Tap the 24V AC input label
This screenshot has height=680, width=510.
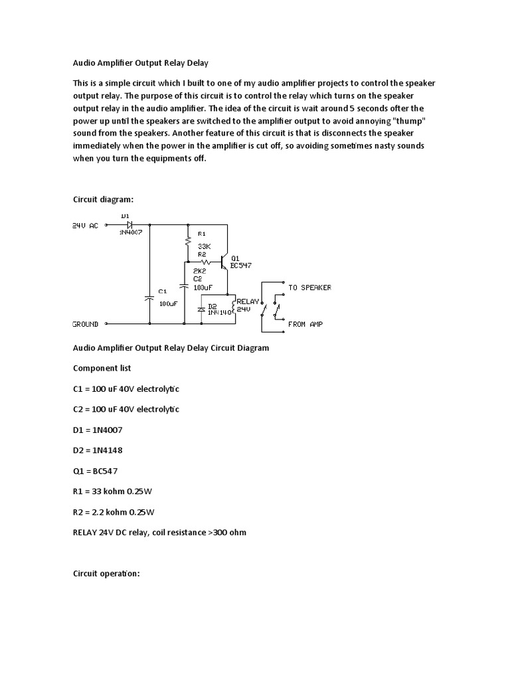pyautogui.click(x=85, y=226)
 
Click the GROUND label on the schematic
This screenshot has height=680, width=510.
pyautogui.click(x=85, y=324)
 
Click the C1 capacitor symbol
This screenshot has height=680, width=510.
pyautogui.click(x=149, y=298)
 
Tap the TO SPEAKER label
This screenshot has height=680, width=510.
pyautogui.click(x=309, y=288)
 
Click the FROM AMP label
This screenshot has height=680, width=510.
pyautogui.click(x=305, y=324)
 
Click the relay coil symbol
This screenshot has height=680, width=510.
pyautogui.click(x=233, y=306)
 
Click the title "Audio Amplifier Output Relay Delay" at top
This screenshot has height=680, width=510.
pyautogui.click(x=140, y=64)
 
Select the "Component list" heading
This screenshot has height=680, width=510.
pyautogui.click(x=102, y=367)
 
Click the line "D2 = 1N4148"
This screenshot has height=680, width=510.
pyautogui.click(x=98, y=450)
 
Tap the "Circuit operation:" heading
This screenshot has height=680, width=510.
pyautogui.click(x=106, y=574)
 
